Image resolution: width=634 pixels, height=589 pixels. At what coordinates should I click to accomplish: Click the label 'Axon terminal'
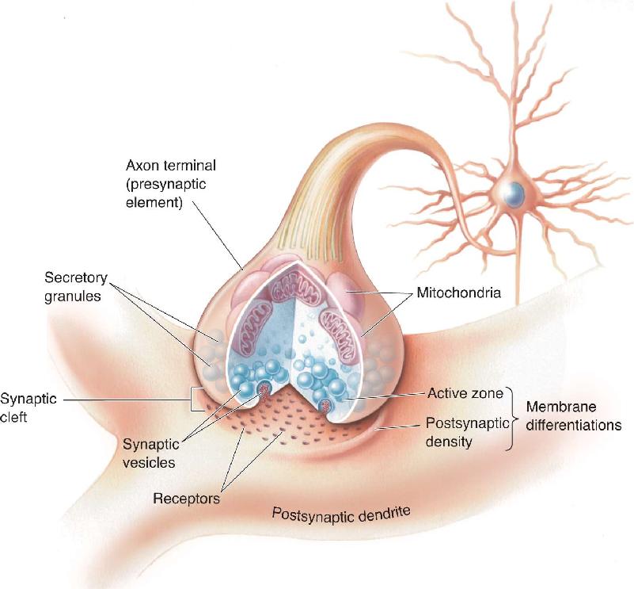pos(171,165)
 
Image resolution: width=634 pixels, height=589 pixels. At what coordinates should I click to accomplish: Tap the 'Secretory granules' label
pos(76,287)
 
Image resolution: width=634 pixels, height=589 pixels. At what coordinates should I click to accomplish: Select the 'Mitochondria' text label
pos(458,293)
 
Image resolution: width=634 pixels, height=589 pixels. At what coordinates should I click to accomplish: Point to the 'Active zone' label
pos(465,393)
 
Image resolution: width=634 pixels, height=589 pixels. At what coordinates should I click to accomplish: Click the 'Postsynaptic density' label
pos(467,432)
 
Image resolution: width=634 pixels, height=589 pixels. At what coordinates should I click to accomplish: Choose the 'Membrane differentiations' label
pos(574,415)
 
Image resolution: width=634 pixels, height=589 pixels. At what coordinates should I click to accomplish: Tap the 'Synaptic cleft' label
pos(28,407)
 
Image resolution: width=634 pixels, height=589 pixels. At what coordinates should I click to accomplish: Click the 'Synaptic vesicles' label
pos(151,453)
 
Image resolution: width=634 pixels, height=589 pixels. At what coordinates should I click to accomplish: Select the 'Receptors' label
pos(186,499)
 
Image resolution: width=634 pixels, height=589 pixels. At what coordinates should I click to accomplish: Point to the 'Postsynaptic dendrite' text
pos(341,514)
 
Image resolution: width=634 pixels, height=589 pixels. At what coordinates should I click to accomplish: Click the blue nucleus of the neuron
pos(514,194)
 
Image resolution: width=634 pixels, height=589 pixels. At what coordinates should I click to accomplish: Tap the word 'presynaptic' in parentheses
pos(166,184)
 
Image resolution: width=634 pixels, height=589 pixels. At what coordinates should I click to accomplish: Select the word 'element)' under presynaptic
pos(154,202)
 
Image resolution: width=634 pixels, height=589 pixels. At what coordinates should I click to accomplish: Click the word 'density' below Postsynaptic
pos(449,441)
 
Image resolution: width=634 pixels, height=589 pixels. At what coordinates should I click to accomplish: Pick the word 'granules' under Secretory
pos(72,296)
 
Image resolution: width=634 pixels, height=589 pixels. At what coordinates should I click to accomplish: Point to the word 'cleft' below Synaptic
pos(13,417)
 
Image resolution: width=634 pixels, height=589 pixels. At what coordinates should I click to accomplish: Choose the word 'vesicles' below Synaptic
pos(149,463)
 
